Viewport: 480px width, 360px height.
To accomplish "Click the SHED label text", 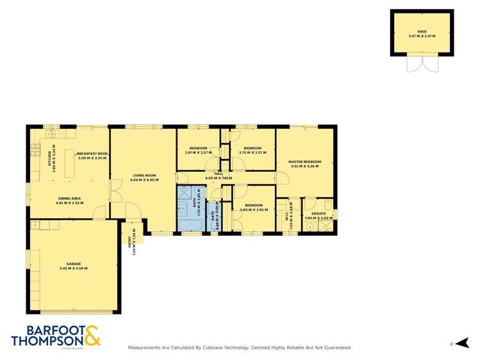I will coord(422,31).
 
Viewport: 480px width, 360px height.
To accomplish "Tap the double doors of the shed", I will coord(422,64).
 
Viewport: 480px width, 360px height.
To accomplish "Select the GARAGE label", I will coord(74,263).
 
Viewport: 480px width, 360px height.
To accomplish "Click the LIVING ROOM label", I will coord(144,175).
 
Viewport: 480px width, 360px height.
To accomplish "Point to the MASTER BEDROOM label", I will coord(304,161).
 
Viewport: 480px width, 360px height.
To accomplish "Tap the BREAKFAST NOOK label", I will coord(92,154).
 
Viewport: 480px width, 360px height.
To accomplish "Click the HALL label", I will coord(219,174).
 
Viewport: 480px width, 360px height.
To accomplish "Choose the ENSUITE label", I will coord(318,213).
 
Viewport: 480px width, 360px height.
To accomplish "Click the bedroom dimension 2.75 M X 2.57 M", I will coord(252,152).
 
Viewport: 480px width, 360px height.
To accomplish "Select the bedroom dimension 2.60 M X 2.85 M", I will coord(252,209).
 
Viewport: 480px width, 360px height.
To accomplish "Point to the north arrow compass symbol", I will coord(465,343).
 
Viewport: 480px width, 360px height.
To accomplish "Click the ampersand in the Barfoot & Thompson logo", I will coord(91,336).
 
